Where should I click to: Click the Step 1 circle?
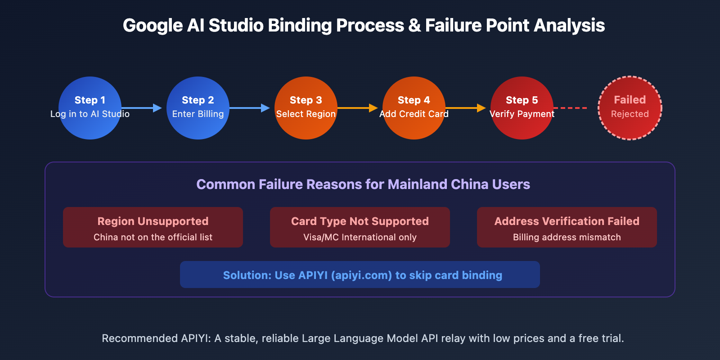[x=90, y=108]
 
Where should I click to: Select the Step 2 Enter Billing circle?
[x=198, y=108]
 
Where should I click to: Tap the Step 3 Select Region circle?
[x=306, y=108]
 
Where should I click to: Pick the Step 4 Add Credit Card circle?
[x=414, y=108]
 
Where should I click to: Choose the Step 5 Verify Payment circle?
[x=522, y=108]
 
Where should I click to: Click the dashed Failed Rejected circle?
[x=630, y=108]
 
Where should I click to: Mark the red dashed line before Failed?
[x=571, y=108]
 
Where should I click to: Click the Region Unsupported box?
[x=153, y=227]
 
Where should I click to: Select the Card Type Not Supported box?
[x=360, y=227]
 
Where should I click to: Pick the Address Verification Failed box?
[x=567, y=227]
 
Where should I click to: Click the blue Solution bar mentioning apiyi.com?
[x=360, y=274]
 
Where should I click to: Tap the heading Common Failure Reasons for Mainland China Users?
[x=363, y=184]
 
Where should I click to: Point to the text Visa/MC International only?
[x=360, y=237]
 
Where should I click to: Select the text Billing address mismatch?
[x=567, y=237]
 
